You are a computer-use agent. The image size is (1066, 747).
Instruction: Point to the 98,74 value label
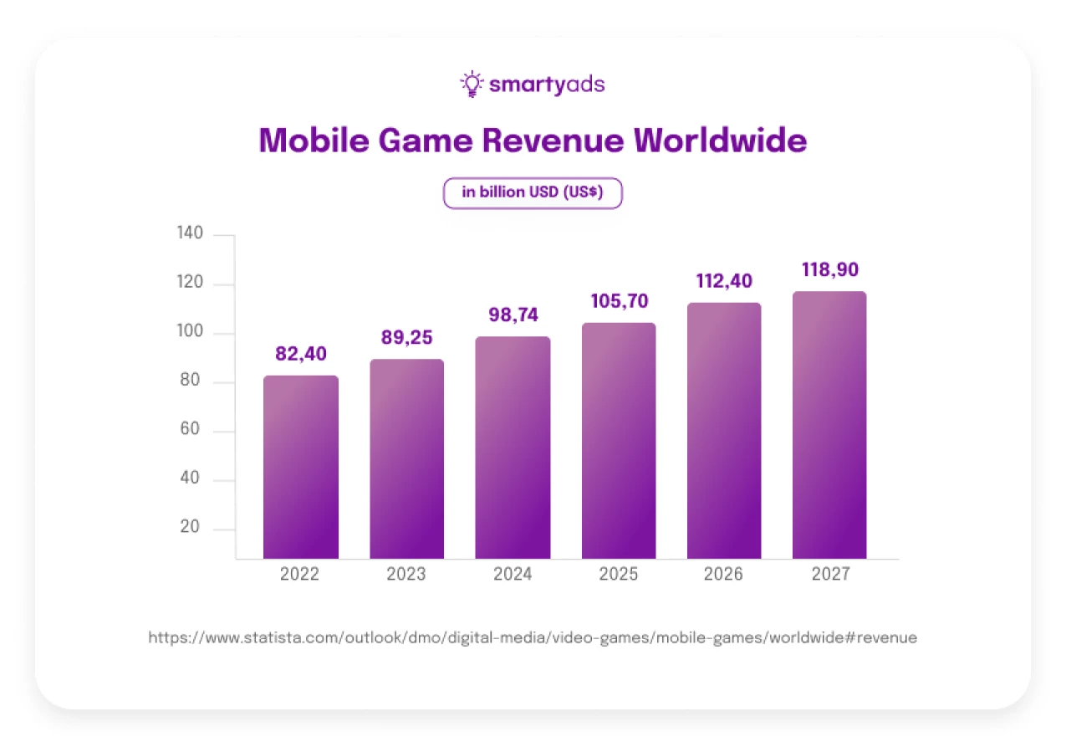pyautogui.click(x=513, y=315)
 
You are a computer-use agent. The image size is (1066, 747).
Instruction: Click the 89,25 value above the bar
pyautogui.click(x=406, y=338)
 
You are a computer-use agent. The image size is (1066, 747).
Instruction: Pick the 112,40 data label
pyautogui.click(x=724, y=281)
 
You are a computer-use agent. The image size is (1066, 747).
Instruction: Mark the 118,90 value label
pyautogui.click(x=830, y=270)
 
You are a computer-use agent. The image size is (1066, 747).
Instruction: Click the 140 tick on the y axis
pyautogui.click(x=191, y=234)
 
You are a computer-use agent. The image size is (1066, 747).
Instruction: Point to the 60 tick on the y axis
pyautogui.click(x=191, y=431)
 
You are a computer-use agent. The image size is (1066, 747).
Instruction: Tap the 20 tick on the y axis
pyautogui.click(x=191, y=528)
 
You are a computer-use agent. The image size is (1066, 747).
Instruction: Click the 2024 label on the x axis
pyautogui.click(x=512, y=575)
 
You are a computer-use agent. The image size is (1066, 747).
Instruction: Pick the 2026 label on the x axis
pyautogui.click(x=724, y=575)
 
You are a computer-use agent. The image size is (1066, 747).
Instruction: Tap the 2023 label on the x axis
pyautogui.click(x=406, y=575)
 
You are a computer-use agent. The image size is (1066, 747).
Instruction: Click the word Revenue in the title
pyautogui.click(x=552, y=141)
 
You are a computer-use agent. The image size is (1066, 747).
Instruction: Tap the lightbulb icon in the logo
pyautogui.click(x=472, y=84)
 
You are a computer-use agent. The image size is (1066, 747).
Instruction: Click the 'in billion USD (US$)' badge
pyautogui.click(x=533, y=192)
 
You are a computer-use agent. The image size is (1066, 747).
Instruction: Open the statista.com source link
pyautogui.click(x=533, y=637)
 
